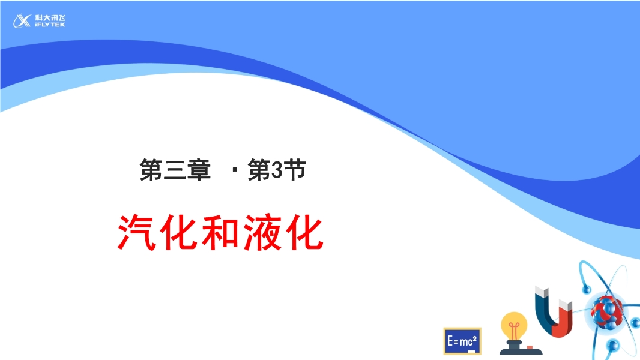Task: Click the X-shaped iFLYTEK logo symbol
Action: click(x=22, y=21)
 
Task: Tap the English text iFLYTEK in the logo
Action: click(x=50, y=25)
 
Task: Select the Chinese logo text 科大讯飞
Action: click(x=50, y=18)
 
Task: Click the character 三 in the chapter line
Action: click(x=175, y=170)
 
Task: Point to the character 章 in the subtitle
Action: click(x=199, y=170)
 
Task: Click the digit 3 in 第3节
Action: click(x=277, y=170)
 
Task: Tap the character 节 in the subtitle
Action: click(x=295, y=170)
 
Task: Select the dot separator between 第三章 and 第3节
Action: click(x=235, y=170)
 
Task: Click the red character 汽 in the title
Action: click(x=137, y=232)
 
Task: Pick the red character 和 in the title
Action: click(x=220, y=232)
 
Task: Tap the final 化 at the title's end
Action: click(x=304, y=232)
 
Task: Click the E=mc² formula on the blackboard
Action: click(x=462, y=340)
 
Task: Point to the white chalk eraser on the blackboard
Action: click(x=471, y=351)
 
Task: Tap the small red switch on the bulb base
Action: click(x=530, y=347)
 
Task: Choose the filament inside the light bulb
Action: click(x=514, y=328)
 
